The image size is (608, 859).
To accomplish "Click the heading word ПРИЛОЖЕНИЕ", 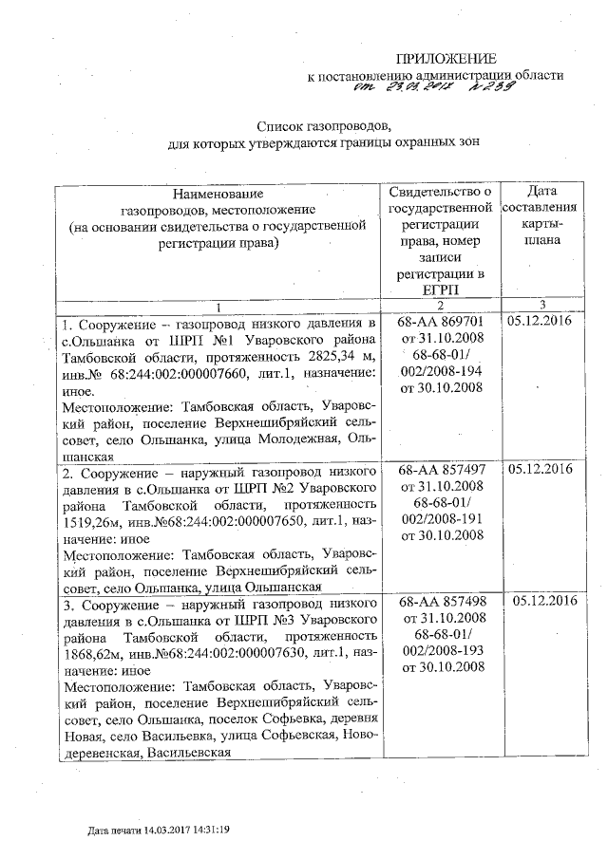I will [446, 59].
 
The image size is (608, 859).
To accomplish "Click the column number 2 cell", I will [440, 305].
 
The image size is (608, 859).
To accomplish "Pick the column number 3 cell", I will [541, 305].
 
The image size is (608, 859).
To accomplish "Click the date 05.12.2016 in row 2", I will [541, 470].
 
